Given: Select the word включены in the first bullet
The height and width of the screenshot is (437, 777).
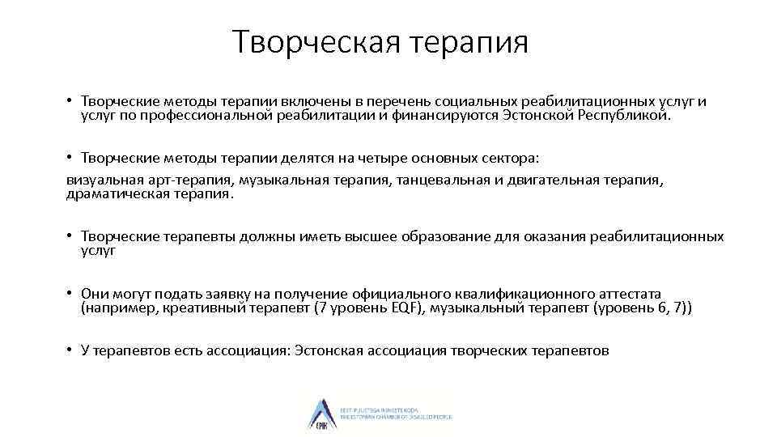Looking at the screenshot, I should (x=319, y=102).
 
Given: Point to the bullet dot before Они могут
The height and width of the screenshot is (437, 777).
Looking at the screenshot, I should (x=71, y=294).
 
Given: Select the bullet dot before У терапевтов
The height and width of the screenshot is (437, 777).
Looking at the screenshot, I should (x=71, y=350).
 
